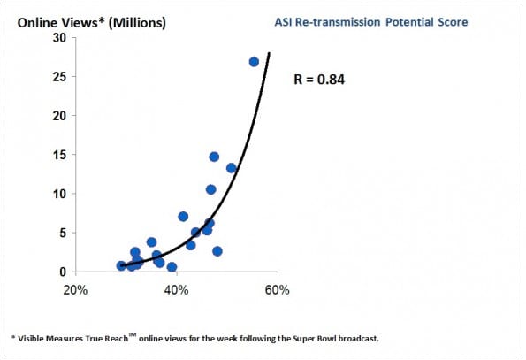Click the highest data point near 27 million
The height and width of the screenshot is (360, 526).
tap(254, 62)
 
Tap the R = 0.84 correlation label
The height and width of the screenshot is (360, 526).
tap(319, 80)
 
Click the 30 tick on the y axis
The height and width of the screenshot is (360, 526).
tap(60, 38)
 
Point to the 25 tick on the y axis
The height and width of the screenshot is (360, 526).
tap(60, 77)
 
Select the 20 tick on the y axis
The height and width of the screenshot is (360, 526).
tap(60, 116)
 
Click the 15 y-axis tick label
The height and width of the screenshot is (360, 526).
tap(60, 155)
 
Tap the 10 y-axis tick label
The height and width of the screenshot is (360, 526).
tap(60, 194)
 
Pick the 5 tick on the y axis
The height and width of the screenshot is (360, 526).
tap(63, 233)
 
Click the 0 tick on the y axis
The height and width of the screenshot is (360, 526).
tap(63, 272)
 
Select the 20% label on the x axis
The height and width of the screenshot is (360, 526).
tap(75, 290)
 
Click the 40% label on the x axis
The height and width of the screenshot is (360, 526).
tap(176, 290)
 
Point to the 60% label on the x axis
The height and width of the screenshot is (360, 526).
tap(277, 290)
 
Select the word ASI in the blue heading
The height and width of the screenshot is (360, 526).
tap(283, 22)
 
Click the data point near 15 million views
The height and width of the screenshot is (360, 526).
tap(214, 157)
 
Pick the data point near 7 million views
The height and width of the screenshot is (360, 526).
tap(183, 217)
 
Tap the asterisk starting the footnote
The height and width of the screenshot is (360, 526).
tap(13, 337)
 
